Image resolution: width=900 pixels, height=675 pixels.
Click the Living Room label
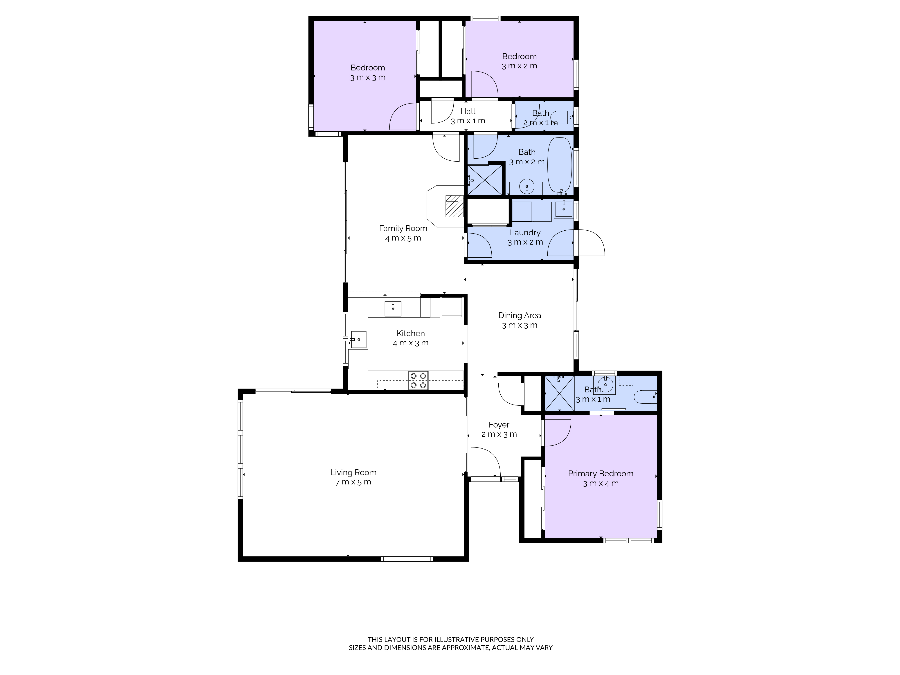point(353,472)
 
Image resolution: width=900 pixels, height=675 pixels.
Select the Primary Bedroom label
point(601,474)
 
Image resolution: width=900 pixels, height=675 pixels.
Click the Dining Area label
point(520,315)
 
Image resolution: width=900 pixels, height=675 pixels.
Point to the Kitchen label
point(411,333)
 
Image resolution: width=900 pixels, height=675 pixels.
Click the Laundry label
point(525,233)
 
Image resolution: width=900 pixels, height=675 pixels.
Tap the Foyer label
point(499,425)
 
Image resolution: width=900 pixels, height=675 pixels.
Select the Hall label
point(468,111)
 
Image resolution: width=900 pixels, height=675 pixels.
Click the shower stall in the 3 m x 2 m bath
point(484,180)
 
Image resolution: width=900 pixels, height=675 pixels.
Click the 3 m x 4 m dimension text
point(601,483)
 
